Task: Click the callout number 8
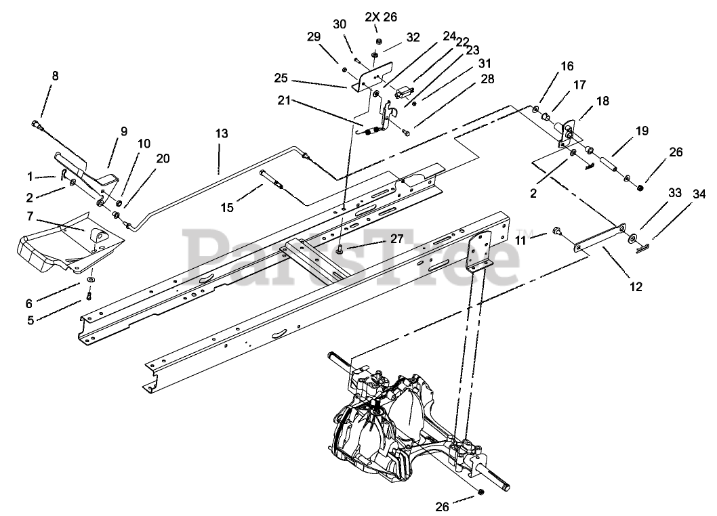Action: click(55, 76)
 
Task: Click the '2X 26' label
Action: click(378, 16)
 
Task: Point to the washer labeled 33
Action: click(632, 238)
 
